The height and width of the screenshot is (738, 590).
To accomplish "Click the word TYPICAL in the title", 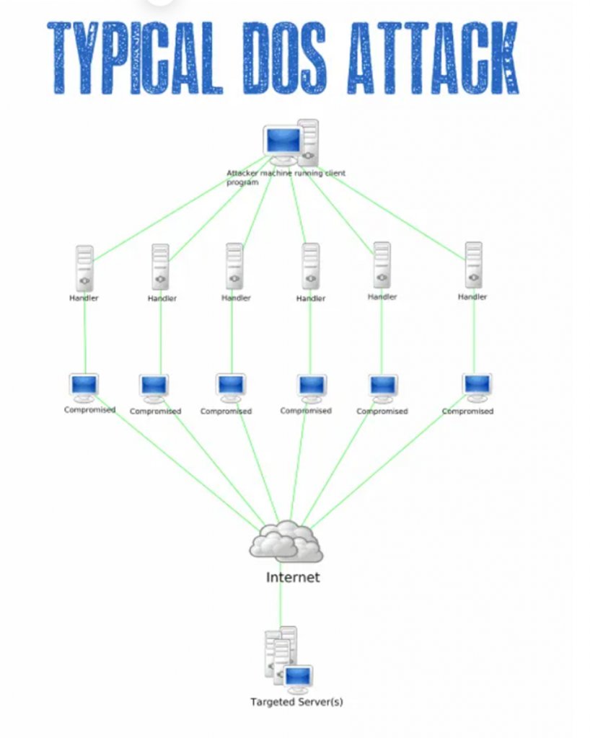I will (138, 58).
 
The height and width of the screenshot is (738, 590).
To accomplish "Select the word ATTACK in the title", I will (432, 58).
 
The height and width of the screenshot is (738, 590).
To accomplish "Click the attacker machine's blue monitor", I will (282, 141).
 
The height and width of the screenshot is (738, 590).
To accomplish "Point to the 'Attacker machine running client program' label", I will (285, 177).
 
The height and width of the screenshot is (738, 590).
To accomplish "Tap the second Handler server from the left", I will (161, 266).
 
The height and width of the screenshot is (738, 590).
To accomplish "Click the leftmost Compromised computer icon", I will (84, 387).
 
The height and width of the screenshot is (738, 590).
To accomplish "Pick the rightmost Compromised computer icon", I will (477, 387).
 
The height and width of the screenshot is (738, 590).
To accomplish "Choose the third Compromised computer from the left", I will (231, 387).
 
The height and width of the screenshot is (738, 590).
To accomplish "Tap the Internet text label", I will (292, 577).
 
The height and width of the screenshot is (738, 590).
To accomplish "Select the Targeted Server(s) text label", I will (296, 701).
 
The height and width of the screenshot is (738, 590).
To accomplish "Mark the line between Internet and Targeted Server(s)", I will (280, 605).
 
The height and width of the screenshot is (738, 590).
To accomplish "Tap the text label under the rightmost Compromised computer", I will (467, 412).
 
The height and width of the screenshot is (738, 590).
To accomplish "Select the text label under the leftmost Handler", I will (84, 298).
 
